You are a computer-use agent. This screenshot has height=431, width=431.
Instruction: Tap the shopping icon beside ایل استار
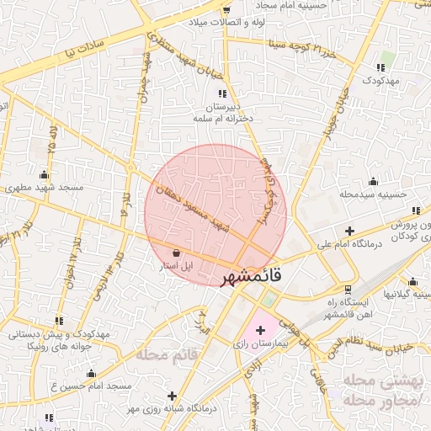click(175, 253)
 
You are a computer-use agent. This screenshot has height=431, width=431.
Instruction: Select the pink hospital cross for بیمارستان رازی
click(259, 330)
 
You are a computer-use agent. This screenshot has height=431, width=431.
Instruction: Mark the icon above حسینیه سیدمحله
click(373, 181)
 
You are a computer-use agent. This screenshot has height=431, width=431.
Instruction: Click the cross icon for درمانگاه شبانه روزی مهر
click(173, 395)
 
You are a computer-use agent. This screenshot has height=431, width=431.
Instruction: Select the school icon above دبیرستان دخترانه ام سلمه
click(221, 94)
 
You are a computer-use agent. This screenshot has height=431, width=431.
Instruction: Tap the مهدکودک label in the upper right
click(385, 80)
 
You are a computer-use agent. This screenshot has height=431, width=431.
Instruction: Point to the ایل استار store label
click(177, 266)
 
